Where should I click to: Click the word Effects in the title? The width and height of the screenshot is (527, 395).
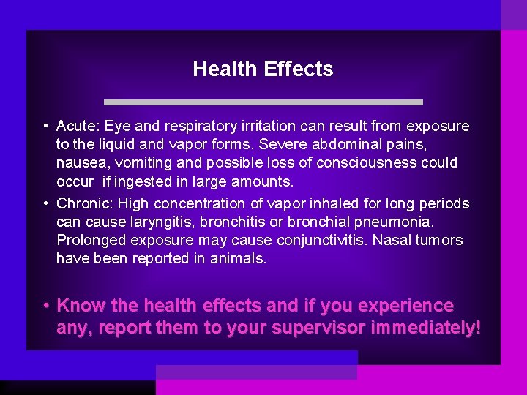[299, 69]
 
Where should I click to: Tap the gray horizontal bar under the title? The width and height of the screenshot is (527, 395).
[263, 102]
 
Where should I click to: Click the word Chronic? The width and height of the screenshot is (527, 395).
[83, 203]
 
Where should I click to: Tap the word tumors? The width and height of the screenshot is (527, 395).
[441, 240]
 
